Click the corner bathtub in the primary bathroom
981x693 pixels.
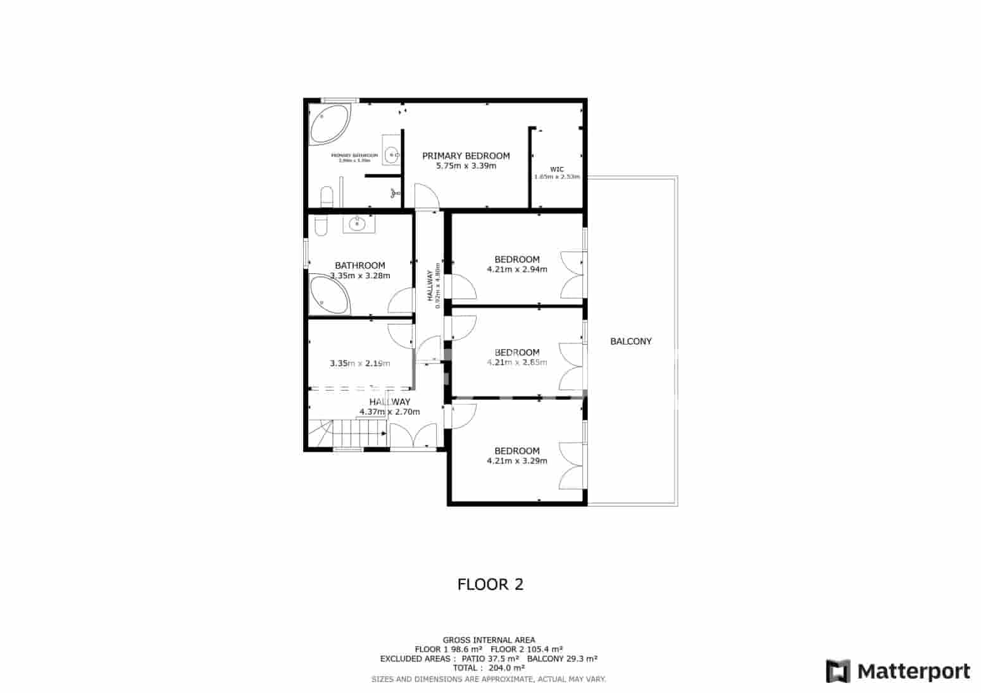pyautogui.click(x=328, y=124)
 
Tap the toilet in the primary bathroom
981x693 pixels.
pyautogui.click(x=327, y=197)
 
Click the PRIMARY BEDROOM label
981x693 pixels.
pyautogui.click(x=466, y=156)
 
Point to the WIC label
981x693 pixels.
pyautogui.click(x=556, y=169)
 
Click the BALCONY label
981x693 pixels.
pyautogui.click(x=630, y=341)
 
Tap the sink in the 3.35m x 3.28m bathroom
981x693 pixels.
pyautogui.click(x=358, y=223)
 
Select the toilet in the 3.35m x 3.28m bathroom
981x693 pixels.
pyautogui.click(x=320, y=225)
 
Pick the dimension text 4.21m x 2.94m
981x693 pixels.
pyautogui.click(x=516, y=269)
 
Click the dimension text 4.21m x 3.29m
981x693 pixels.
pyautogui.click(x=516, y=461)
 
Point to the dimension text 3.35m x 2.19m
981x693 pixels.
pyautogui.click(x=359, y=364)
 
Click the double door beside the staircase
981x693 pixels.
pyautogui.click(x=413, y=437)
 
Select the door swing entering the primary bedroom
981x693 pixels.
pyautogui.click(x=427, y=195)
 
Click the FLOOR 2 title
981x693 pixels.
pyautogui.click(x=490, y=584)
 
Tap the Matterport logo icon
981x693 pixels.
pyautogui.click(x=838, y=672)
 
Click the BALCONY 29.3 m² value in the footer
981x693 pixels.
pyautogui.click(x=562, y=658)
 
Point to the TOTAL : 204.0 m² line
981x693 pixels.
pyautogui.click(x=489, y=668)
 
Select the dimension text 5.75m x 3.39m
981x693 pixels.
pyautogui.click(x=466, y=166)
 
